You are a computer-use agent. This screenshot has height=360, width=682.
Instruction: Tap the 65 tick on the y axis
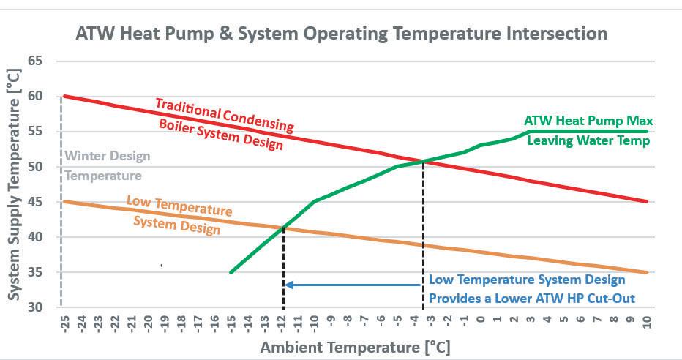(x=36, y=61)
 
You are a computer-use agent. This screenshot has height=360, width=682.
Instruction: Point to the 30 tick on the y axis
(x=36, y=307)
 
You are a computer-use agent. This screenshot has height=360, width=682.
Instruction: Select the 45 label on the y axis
(x=36, y=202)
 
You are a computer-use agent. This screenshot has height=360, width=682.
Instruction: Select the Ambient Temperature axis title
(x=355, y=347)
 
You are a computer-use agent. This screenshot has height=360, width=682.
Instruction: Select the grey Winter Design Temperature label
(x=108, y=165)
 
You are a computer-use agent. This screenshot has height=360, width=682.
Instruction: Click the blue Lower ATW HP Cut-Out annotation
(x=527, y=289)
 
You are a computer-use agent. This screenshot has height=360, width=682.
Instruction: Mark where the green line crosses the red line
(x=423, y=161)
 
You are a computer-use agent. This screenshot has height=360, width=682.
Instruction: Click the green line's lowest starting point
(x=231, y=272)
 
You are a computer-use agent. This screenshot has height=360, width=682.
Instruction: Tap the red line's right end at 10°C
(x=647, y=202)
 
